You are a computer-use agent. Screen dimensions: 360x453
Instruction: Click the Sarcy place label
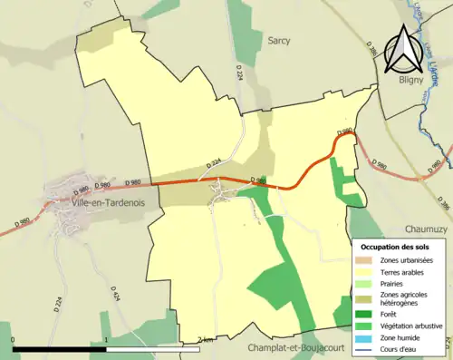click(278, 41)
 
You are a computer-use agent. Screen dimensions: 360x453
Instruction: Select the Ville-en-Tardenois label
click(88, 203)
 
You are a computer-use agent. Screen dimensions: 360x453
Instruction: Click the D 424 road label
click(115, 296)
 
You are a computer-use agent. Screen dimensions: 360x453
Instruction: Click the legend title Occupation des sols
click(394, 248)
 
